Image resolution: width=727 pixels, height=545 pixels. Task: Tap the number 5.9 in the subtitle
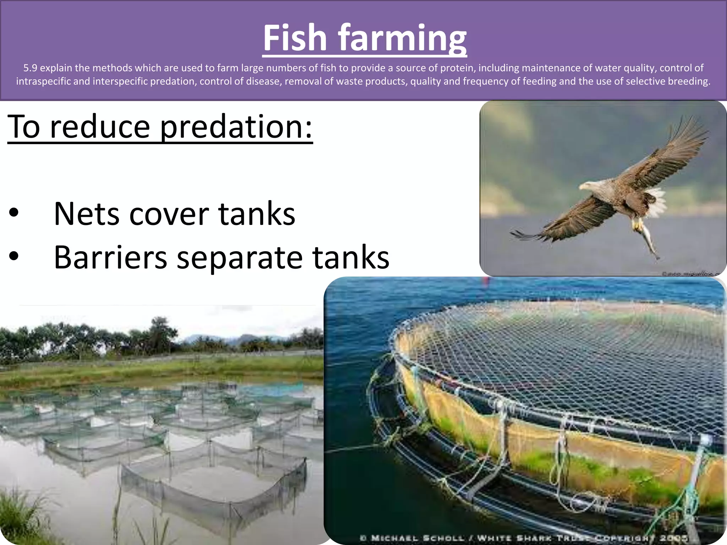click(x=30, y=68)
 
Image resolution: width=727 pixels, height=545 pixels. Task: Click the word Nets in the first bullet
click(x=86, y=214)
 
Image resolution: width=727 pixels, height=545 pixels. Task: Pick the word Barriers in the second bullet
click(x=110, y=257)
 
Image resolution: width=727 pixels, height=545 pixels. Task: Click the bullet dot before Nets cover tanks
click(x=14, y=214)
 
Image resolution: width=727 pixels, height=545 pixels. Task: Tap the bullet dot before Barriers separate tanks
click(x=14, y=257)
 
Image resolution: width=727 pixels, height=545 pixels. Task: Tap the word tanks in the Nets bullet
click(x=256, y=214)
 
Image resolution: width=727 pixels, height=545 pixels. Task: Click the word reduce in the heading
click(x=100, y=127)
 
